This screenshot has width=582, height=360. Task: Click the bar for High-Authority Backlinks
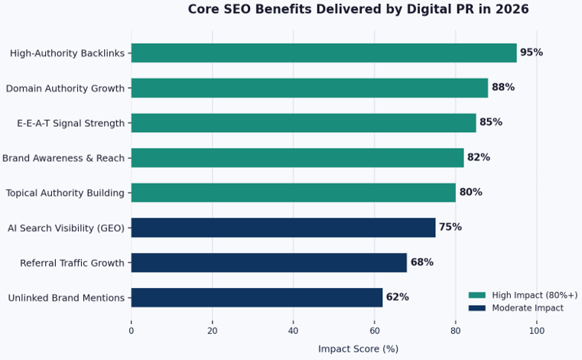click(324, 53)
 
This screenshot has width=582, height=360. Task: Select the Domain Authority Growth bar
click(309, 88)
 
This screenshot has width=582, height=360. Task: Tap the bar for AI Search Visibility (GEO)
click(283, 228)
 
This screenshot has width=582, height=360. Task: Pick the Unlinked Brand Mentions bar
click(256, 297)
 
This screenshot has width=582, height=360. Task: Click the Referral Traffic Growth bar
click(268, 263)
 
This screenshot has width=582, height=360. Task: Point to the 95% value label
click(531, 53)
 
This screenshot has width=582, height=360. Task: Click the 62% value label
click(397, 297)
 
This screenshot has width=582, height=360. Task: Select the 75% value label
click(450, 228)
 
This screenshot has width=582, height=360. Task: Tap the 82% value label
click(478, 157)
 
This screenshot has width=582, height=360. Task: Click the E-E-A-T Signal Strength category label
click(70, 123)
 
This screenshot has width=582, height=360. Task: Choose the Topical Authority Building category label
click(65, 193)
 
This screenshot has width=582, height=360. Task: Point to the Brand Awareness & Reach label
click(63, 158)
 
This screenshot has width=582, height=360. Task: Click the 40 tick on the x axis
click(293, 330)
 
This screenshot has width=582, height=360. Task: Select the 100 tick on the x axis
click(536, 330)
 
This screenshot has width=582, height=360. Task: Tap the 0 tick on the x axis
click(132, 330)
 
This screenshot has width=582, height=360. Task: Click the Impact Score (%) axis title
click(358, 349)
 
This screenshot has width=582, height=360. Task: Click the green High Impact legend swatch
click(476, 295)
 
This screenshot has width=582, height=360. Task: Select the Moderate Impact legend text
click(528, 308)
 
